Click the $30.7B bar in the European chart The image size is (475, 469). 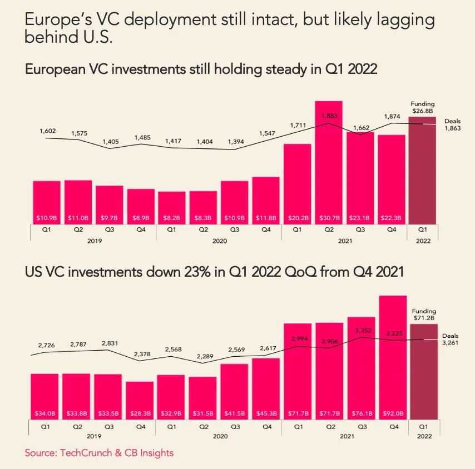[x=328, y=161]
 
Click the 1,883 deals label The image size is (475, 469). [x=329, y=116]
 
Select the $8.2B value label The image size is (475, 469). [x=171, y=217]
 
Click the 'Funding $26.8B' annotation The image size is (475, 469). [x=423, y=107]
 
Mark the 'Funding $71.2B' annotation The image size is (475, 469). [x=424, y=315]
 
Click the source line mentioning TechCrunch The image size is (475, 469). [x=99, y=453]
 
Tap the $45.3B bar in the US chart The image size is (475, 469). [x=266, y=389]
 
